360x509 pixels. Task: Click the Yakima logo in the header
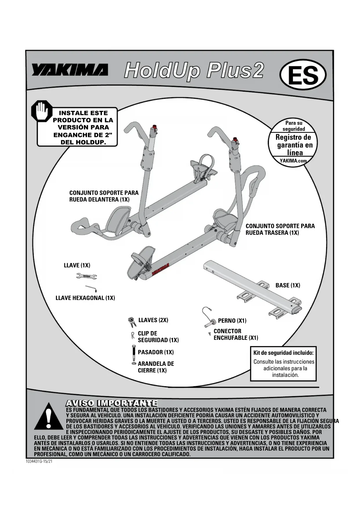(70, 70)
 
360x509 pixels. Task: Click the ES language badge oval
(303, 75)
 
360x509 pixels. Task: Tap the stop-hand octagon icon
(41, 111)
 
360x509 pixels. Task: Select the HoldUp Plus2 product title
(194, 71)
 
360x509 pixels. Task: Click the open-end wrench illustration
(86, 276)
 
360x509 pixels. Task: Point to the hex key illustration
(91, 288)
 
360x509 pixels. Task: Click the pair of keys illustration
(132, 322)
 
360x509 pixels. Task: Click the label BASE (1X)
(288, 286)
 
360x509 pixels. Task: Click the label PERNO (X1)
(232, 321)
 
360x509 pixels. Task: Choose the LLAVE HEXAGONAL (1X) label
(85, 298)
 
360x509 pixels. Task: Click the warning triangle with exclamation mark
(49, 417)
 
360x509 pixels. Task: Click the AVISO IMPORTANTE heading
(112, 403)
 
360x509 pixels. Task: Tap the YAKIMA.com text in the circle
(293, 160)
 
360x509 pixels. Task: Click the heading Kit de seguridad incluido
(283, 353)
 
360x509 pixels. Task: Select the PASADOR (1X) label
(156, 352)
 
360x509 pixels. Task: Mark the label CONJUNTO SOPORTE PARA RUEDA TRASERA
(280, 229)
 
